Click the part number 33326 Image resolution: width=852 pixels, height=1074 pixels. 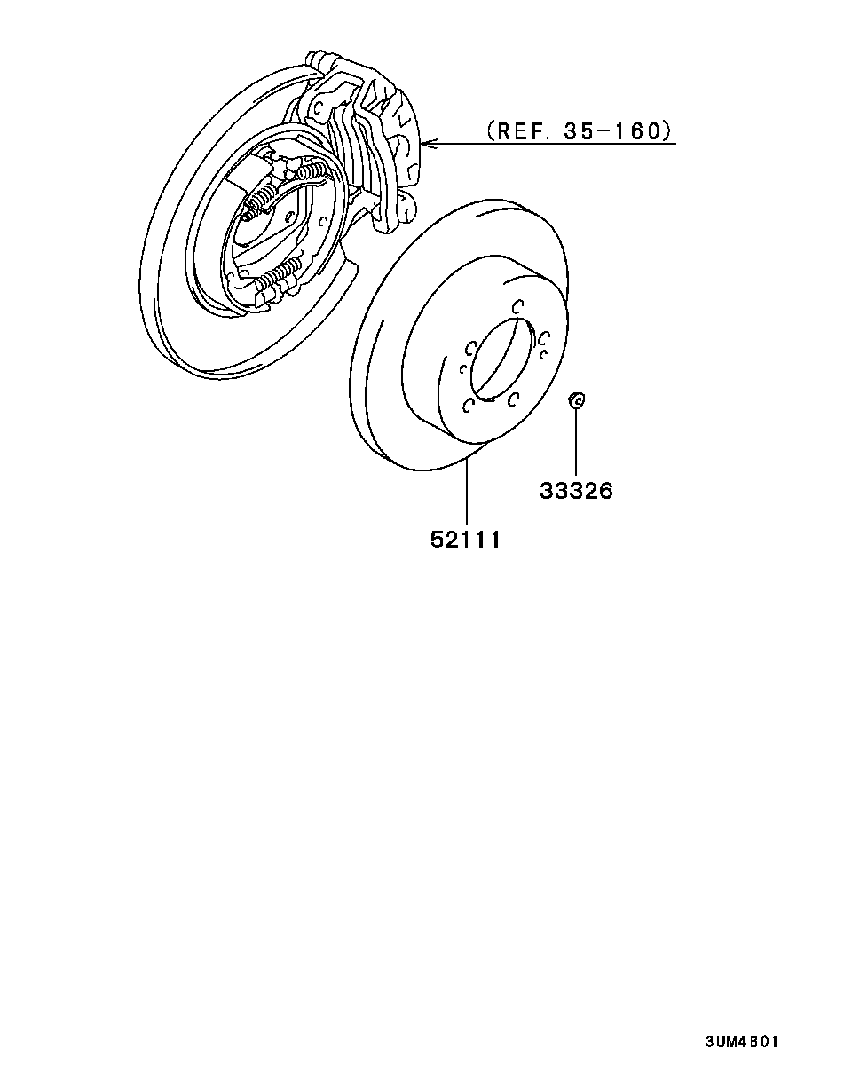[576, 491]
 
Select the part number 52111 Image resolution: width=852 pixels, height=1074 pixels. [465, 540]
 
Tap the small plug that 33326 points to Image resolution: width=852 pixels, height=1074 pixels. [577, 399]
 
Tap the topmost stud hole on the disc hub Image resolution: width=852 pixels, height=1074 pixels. [518, 305]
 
